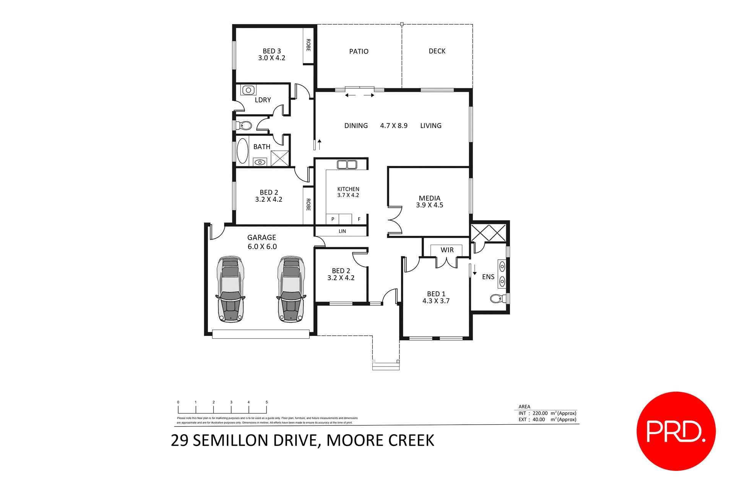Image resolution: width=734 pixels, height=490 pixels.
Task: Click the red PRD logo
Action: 676,431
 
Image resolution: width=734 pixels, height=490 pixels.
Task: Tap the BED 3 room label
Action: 271,51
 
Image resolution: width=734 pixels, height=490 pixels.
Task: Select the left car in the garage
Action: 231,289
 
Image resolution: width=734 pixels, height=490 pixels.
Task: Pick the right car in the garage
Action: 291,289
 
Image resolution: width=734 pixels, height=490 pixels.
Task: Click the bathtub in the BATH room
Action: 242,151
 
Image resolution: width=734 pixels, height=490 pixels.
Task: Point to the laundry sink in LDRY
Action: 248,90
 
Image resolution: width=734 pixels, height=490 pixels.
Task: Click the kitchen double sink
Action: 347,165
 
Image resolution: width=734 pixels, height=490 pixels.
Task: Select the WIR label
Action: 447,250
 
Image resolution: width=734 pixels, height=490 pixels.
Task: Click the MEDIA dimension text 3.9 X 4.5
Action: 429,205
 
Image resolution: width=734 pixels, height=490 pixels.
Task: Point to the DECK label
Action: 437,51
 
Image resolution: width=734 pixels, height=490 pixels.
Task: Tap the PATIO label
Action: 359,52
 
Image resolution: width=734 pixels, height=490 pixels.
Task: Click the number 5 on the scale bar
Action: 266,402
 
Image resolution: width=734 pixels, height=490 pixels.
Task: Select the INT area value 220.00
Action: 540,413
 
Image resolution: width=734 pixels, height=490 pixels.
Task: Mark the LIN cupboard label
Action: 342,231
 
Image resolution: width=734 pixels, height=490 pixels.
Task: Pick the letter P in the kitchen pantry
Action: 333,219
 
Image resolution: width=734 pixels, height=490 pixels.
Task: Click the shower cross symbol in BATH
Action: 280,158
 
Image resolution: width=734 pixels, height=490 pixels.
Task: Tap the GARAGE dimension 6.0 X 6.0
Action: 262,247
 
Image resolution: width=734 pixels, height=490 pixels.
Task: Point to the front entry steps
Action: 386,366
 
